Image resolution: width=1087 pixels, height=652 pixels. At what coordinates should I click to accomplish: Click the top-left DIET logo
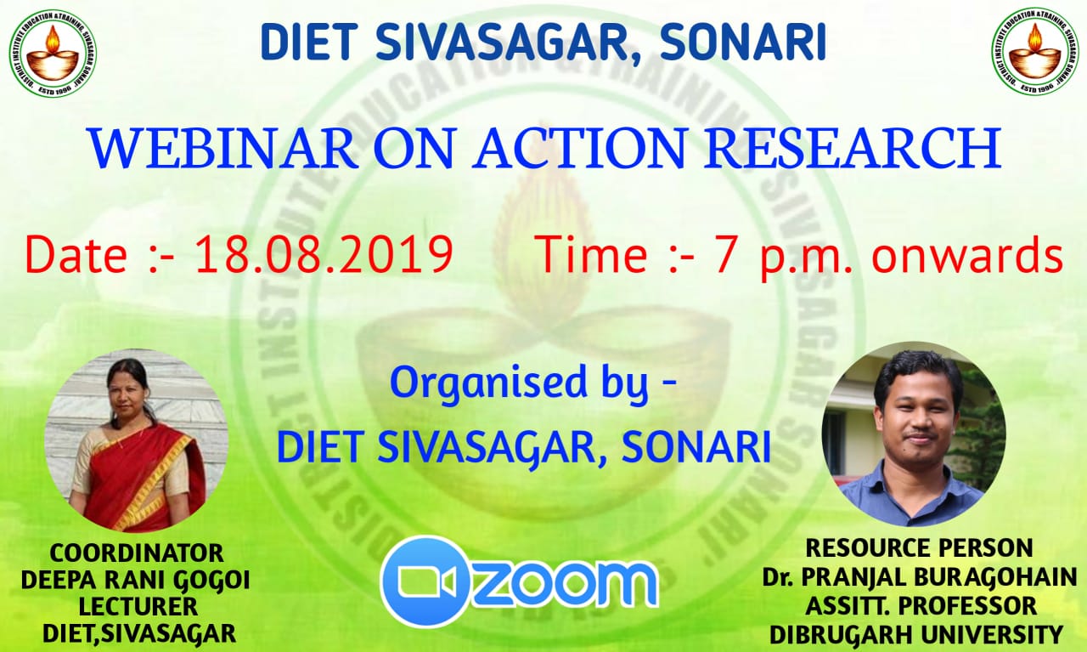click(53, 53)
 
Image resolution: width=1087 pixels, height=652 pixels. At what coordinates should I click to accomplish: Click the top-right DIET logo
click(1035, 51)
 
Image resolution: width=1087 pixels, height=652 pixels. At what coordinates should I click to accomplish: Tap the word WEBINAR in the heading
click(222, 148)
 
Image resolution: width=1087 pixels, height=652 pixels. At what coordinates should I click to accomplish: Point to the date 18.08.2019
click(324, 254)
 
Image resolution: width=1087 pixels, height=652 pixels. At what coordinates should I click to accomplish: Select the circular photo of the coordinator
click(137, 440)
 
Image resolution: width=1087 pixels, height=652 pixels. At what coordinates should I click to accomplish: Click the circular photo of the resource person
click(914, 434)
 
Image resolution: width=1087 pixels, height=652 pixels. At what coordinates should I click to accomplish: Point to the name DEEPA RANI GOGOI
click(135, 580)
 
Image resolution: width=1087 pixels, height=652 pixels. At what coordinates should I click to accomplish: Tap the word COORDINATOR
click(137, 553)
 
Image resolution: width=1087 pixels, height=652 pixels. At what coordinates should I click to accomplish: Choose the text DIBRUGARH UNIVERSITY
click(916, 634)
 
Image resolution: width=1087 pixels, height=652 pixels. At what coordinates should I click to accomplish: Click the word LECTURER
click(138, 607)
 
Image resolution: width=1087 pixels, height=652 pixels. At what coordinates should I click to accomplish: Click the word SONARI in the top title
click(743, 42)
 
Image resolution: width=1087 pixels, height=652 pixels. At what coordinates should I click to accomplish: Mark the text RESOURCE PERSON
click(919, 548)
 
